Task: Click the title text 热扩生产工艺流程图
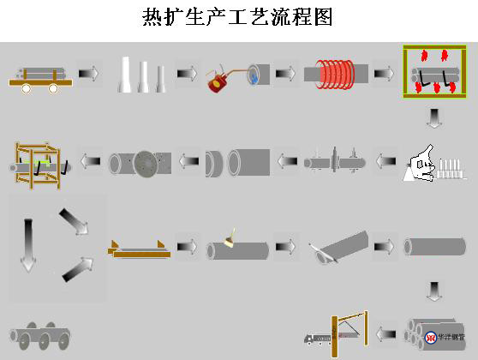pos(237,16)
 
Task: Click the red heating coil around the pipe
pos(334,74)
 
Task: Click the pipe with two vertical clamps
pos(335,161)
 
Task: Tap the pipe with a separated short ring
pos(236,161)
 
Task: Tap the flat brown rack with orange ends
pos(137,249)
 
